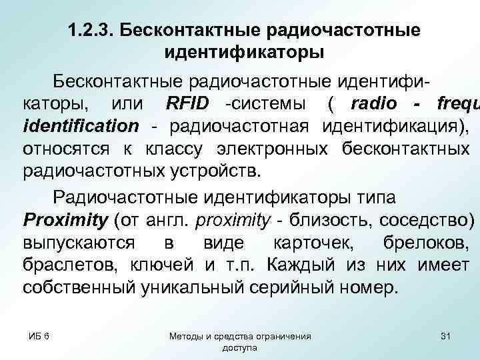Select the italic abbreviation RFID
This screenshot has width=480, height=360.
pos(186,104)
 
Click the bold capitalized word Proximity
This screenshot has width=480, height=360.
pos(65,220)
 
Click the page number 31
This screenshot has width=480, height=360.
pos(446,337)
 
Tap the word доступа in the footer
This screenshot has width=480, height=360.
pos(239,348)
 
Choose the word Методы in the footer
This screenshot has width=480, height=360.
pos(189,337)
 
